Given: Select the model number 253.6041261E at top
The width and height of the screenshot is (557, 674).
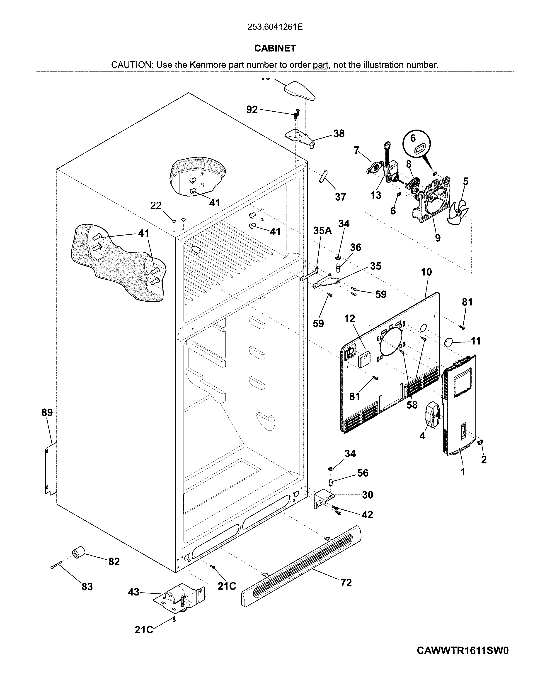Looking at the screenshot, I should click(275, 27).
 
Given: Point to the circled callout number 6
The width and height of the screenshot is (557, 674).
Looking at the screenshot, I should click(413, 138).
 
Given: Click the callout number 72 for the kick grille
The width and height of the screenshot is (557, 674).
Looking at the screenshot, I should click(346, 583).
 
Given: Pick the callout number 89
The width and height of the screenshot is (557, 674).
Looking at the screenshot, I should click(47, 412).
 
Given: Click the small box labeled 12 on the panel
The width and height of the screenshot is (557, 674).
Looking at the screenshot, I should click(363, 359).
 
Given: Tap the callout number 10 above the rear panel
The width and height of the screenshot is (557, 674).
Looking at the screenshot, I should click(426, 272).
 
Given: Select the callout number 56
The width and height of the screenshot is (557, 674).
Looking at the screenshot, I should click(363, 472).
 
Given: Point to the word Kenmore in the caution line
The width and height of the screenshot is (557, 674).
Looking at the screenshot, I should click(208, 65).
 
